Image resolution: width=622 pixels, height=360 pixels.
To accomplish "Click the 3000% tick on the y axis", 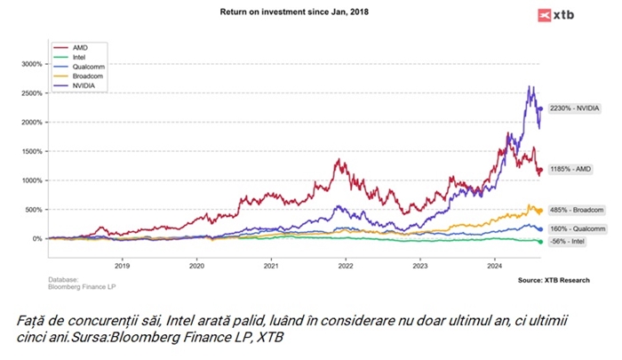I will point(31,64).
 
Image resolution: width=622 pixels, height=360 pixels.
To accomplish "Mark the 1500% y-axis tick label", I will point(31,151).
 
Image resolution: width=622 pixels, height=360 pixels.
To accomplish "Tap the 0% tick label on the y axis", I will point(37,238).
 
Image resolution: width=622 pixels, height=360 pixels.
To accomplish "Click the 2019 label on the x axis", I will point(123,266).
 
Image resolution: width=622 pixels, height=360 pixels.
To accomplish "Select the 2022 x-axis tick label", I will point(346,266).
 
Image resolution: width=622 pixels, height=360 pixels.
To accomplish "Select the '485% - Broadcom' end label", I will point(578,210).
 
